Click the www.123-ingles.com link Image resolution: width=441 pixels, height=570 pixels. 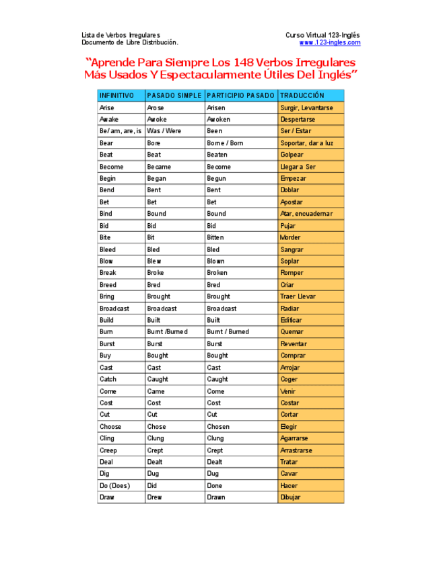coord(329,42)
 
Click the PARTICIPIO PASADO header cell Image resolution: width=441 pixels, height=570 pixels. coord(240,95)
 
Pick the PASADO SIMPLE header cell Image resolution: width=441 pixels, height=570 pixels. coord(174,95)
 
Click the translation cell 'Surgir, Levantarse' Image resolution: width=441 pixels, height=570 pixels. coord(306,108)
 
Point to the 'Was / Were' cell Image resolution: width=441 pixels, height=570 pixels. coord(164,131)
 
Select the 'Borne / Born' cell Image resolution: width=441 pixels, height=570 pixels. coord(225,143)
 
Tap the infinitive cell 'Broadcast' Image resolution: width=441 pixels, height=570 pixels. coord(114,309)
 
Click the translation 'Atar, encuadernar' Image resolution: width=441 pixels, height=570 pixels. coord(306,214)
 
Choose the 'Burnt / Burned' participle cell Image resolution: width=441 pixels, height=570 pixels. coord(228,332)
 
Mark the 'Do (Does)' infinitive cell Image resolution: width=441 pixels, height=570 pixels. coord(114,485)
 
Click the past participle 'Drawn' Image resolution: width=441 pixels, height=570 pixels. coord(216,497)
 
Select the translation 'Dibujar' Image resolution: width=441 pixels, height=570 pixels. coord(290,497)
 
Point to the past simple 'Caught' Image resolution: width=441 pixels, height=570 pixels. coord(158,379)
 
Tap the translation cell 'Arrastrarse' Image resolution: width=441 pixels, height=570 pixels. coord(296,450)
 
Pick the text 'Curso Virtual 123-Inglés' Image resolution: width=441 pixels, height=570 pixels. coord(322,35)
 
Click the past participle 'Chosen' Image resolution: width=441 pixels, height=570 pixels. coord(218,427)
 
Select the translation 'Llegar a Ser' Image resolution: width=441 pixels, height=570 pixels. coord(298,167)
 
